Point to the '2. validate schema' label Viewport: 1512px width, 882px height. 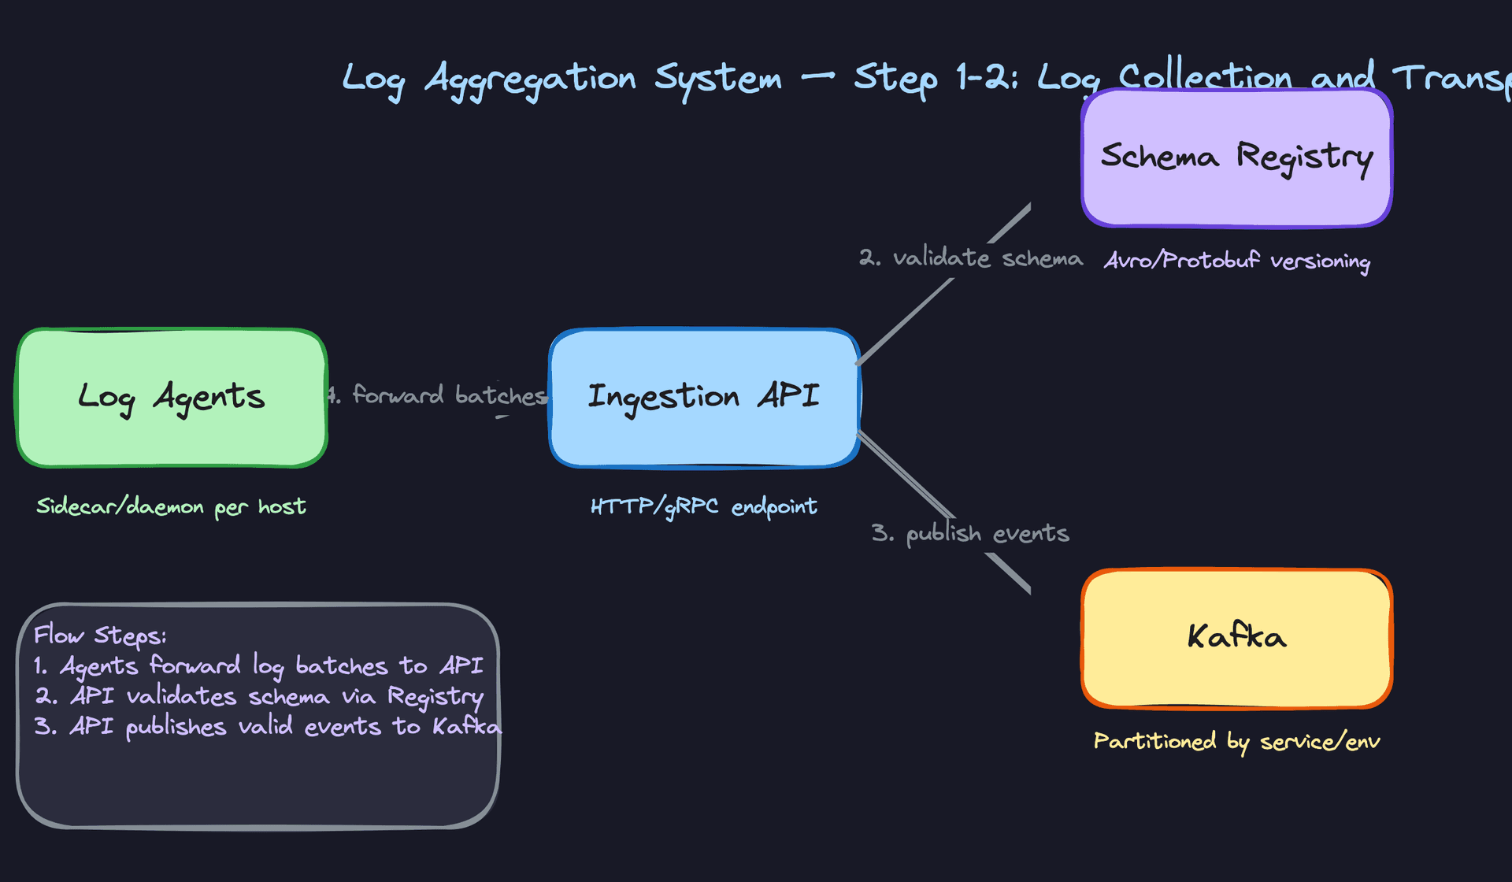point(970,258)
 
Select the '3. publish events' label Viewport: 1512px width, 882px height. point(970,533)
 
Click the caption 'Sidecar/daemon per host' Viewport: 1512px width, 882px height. point(171,506)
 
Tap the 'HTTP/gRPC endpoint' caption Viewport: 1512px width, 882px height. point(703,506)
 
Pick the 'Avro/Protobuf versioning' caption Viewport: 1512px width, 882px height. point(1236,261)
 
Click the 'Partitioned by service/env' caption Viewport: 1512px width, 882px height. point(1236,742)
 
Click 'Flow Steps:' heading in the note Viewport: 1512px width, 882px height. point(100,635)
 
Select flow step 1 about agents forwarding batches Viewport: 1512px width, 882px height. point(258,666)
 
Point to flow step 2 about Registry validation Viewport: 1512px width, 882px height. point(259,697)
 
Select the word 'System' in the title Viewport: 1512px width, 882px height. point(717,79)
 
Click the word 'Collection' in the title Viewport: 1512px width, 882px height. point(1205,77)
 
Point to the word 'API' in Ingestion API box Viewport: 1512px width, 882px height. point(788,395)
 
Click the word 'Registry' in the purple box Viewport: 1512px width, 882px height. point(1304,157)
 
